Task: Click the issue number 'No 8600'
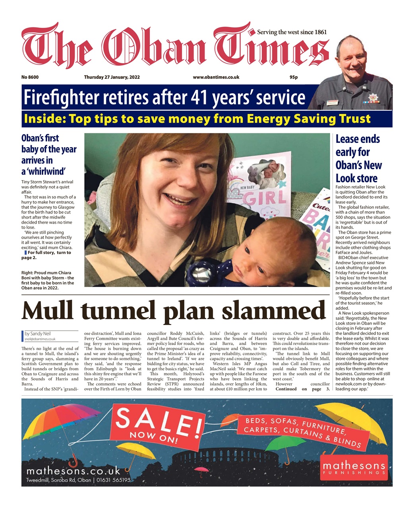[30, 77]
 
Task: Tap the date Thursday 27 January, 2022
[112, 77]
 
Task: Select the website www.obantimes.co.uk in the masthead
[216, 77]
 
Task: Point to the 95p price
[294, 77]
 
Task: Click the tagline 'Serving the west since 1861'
[292, 32]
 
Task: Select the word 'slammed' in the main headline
[274, 311]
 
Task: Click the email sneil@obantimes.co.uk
[40, 339]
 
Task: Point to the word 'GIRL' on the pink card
[267, 197]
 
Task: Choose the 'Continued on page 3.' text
[302, 389]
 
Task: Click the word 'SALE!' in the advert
[159, 421]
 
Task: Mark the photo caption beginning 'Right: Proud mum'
[47, 280]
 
